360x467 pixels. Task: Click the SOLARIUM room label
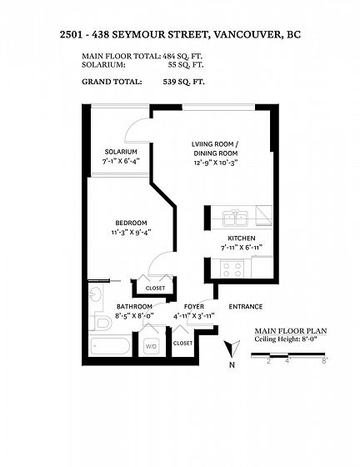[121, 152]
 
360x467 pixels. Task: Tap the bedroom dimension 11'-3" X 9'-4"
[131, 232]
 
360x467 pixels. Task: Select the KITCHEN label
[242, 239]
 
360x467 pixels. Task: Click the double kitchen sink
[236, 218]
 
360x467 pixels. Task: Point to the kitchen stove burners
[232, 269]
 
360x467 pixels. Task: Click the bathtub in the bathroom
[110, 345]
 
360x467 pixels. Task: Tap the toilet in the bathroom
[102, 322]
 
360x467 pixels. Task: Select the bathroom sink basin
[96, 294]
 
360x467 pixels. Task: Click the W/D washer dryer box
[151, 346]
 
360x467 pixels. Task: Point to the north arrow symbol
[232, 349]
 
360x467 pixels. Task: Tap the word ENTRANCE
[246, 307]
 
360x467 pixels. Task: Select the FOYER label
[194, 307]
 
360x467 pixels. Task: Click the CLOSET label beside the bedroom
[155, 289]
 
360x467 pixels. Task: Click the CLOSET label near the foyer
[182, 343]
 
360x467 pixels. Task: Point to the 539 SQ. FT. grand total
[183, 82]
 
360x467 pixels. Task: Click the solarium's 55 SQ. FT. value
[186, 65]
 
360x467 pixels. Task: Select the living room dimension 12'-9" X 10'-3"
[215, 163]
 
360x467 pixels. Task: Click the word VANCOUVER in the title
[247, 34]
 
